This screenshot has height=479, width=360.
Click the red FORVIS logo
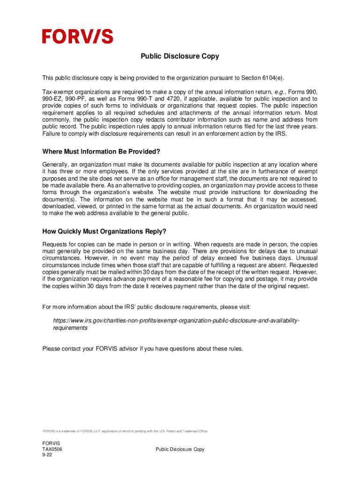[78, 36]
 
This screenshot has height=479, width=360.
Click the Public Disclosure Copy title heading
[180, 57]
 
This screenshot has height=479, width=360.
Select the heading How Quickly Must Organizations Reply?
[104, 232]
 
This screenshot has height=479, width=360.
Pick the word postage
[261, 279]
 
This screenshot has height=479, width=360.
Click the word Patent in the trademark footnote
[171, 431]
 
